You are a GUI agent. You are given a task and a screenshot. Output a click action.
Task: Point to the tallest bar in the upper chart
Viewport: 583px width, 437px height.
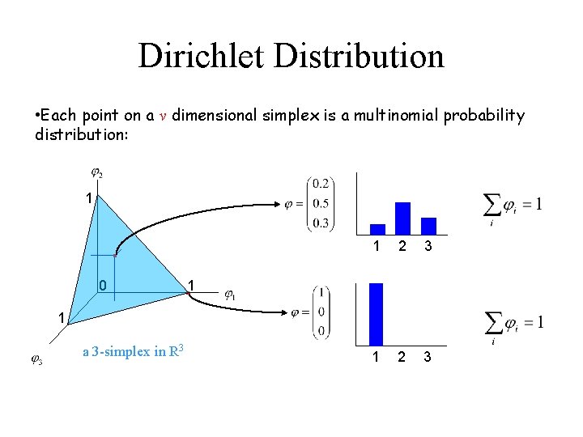click(402, 218)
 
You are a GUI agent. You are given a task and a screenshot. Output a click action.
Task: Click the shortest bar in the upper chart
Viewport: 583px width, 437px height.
click(377, 229)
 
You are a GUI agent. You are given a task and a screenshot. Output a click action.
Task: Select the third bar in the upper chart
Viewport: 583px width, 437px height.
click(428, 226)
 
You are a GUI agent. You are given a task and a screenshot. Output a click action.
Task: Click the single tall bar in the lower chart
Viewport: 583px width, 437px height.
click(376, 315)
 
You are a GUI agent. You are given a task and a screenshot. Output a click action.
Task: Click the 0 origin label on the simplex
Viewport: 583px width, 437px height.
click(103, 286)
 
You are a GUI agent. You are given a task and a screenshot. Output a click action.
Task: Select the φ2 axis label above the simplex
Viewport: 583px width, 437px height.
click(96, 172)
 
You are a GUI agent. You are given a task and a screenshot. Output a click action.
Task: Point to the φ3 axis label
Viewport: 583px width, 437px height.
click(36, 360)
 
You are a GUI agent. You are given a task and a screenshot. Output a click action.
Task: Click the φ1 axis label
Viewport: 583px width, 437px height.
click(230, 295)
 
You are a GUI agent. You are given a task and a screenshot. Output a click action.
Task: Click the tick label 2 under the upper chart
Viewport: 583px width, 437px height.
click(402, 246)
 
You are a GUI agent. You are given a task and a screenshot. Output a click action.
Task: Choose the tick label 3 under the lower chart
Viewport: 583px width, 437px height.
click(428, 357)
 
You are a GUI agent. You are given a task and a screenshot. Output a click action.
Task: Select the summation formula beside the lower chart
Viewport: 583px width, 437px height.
click(512, 325)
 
